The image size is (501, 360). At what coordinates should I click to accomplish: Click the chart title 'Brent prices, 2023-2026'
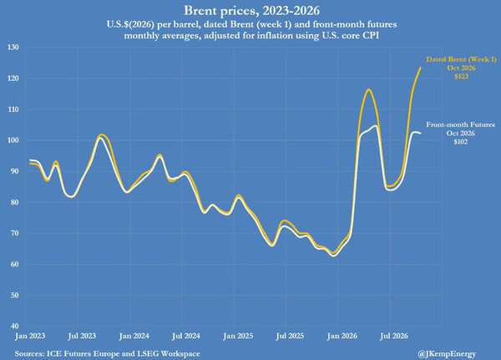coord(252,11)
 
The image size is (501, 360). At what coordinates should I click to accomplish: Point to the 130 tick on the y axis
coord(13,48)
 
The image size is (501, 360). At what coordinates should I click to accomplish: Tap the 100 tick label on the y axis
coord(13,140)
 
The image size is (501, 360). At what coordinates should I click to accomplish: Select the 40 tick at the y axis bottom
coord(14,326)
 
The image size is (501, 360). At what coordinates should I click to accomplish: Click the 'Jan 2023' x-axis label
coord(30,336)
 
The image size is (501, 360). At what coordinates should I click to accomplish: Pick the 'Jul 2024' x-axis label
coord(186,336)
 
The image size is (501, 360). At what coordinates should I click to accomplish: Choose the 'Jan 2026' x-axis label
coord(342,336)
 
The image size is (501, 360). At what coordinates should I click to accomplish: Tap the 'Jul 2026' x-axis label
coord(394,336)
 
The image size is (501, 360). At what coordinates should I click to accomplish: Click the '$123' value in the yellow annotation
coord(462,76)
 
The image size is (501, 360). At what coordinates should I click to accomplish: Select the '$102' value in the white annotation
coord(461,142)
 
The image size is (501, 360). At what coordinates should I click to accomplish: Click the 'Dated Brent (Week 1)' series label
coord(462,59)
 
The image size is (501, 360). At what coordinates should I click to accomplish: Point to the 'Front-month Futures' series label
coord(460,124)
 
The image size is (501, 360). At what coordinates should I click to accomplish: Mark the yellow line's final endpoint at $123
coord(420,68)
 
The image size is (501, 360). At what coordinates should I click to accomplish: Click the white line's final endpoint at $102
coord(420,133)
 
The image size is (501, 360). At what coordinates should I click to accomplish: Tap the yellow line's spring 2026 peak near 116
coord(368,89)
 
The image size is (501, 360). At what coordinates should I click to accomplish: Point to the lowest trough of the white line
coord(334,256)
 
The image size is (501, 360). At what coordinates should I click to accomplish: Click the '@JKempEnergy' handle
coord(447,353)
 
